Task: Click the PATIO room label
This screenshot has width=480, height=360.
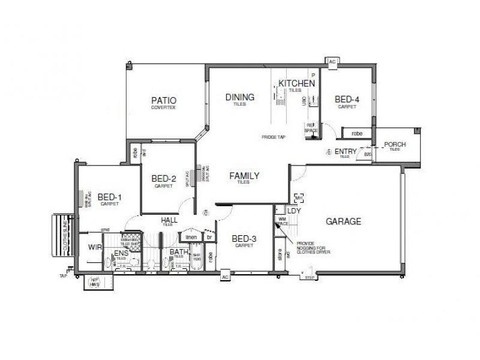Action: (x=164, y=100)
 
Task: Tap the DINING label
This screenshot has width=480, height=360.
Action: (x=240, y=97)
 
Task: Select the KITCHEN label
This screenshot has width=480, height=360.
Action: (x=296, y=83)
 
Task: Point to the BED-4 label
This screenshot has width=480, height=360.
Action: (x=347, y=100)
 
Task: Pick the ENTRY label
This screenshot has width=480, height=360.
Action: (x=346, y=152)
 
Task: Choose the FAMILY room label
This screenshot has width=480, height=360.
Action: (x=244, y=176)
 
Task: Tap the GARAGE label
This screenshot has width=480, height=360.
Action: (x=343, y=221)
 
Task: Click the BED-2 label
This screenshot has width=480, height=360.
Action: (x=163, y=178)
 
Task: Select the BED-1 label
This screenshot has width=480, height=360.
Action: (x=110, y=197)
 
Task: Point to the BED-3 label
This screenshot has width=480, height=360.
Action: (x=244, y=239)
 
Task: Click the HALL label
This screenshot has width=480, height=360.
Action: (x=169, y=221)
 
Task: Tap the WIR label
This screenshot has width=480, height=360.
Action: (x=95, y=247)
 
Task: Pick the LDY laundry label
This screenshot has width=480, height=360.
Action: (x=293, y=211)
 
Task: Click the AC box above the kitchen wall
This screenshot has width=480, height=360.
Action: (x=332, y=61)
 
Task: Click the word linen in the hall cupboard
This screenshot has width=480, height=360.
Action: (x=191, y=237)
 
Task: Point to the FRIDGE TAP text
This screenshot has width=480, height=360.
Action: (x=273, y=137)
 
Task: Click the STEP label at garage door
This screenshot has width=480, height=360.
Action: (x=310, y=278)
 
